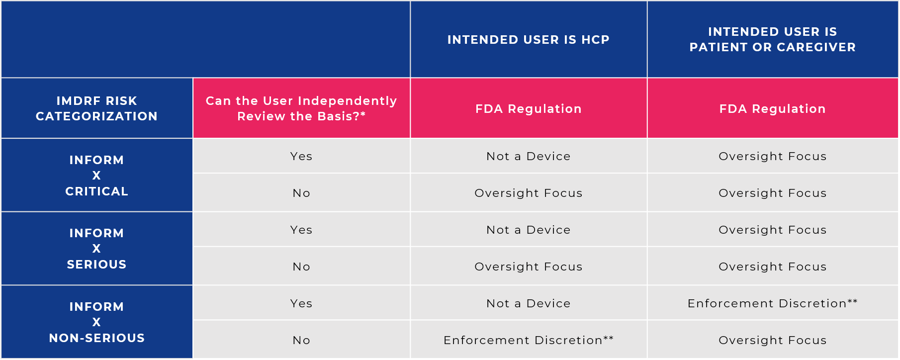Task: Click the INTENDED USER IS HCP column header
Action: (528, 40)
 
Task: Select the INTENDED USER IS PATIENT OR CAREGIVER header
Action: (772, 39)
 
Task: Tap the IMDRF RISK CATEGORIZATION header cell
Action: (96, 108)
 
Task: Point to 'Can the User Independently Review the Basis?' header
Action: (301, 108)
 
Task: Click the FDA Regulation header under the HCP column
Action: (528, 109)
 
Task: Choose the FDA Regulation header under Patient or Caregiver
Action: (772, 109)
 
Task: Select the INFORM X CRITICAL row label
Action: (96, 176)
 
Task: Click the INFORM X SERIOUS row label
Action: (96, 249)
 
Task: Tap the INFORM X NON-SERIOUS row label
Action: (96, 322)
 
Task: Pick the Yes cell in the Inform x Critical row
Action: (301, 156)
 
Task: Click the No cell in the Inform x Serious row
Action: (301, 267)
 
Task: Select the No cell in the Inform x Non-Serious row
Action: (301, 340)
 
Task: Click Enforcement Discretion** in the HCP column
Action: (528, 340)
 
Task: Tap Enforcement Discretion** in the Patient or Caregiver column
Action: (772, 303)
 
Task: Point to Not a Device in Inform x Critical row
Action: (528, 156)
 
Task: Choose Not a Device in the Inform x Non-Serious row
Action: (528, 303)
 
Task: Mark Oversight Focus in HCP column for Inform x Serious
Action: (528, 267)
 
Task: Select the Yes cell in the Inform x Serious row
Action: (301, 230)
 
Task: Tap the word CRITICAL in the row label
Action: (96, 191)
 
